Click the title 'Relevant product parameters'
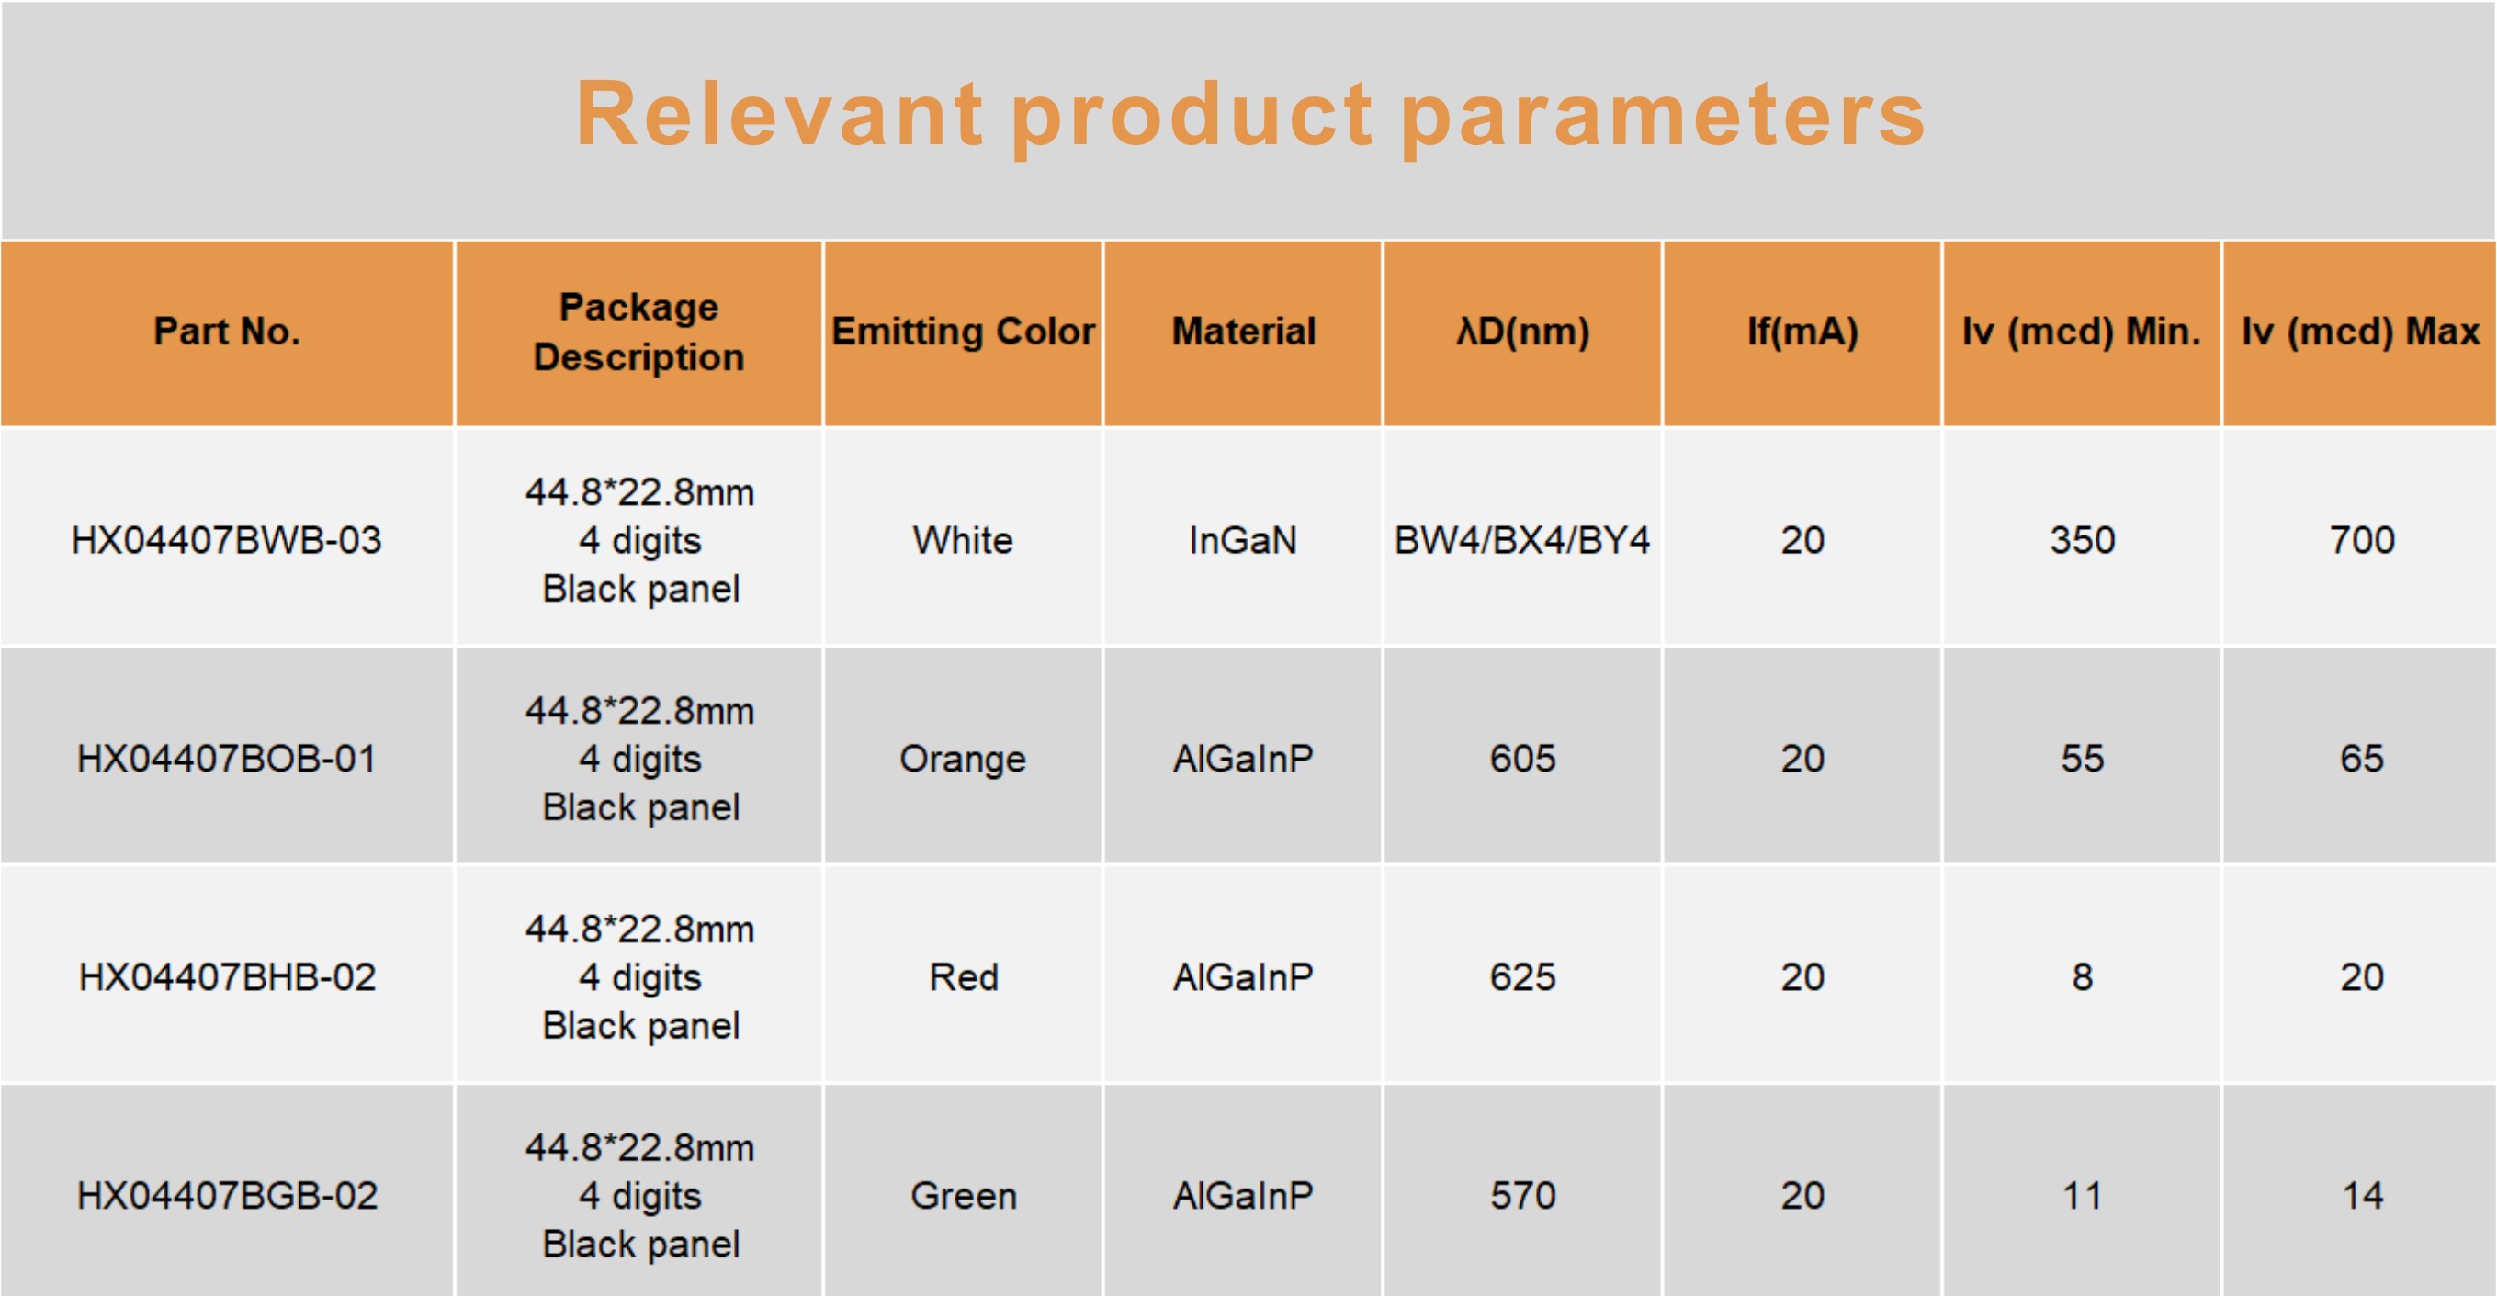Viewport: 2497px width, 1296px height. [1249, 117]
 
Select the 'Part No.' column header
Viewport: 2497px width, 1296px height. [227, 332]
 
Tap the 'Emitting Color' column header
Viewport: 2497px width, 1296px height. [963, 332]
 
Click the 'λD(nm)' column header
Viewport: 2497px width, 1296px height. [1523, 332]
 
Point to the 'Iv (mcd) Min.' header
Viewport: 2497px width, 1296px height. [2081, 332]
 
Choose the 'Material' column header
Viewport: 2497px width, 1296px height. [1244, 332]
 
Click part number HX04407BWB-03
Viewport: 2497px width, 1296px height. [227, 540]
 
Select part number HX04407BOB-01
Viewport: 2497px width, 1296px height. [227, 758]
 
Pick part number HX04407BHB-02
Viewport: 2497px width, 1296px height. [227, 977]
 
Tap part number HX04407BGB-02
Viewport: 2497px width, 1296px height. [227, 1195]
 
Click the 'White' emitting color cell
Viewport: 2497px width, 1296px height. [963, 540]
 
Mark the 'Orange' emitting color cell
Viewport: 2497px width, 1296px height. [963, 759]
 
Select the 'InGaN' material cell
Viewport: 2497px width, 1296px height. [1244, 540]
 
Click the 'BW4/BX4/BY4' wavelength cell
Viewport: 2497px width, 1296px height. [1523, 540]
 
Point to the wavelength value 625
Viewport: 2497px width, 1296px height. [1523, 977]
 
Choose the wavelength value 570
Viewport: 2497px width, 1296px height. [1523, 1195]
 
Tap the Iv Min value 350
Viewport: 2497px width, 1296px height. [2082, 540]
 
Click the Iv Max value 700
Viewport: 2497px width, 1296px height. [2362, 540]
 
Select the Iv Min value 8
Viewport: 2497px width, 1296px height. [2082, 977]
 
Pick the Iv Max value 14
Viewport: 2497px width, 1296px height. [2362, 1195]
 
